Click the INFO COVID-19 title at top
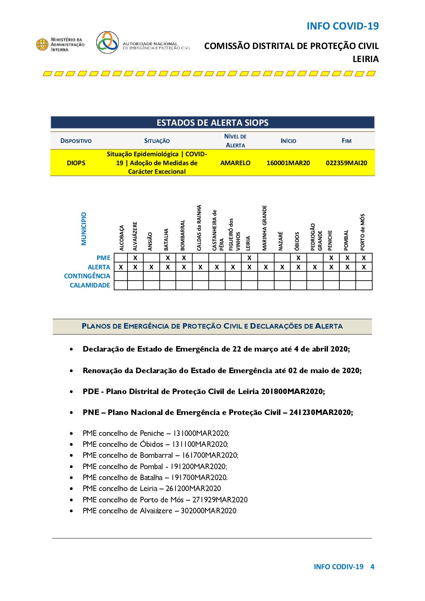pos(342,26)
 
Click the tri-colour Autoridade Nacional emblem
pos(108,42)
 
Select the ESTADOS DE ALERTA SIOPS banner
pos(212,123)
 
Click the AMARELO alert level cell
pos(235,163)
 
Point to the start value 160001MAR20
pos(288,163)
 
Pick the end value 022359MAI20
pos(346,163)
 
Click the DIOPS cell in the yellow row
pos(76,163)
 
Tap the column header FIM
pos(347,141)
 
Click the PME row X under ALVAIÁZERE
pos(135,258)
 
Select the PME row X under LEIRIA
pos(250,258)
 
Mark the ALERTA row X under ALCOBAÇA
pos(121,267)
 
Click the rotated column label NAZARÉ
pos(281,241)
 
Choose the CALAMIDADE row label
pos(90,285)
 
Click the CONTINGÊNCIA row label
pos(87,276)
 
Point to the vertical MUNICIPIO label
pos(84,229)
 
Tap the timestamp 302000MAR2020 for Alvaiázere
pos(208,511)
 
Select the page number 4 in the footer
pos(372,567)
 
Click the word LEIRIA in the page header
pos(366,59)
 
